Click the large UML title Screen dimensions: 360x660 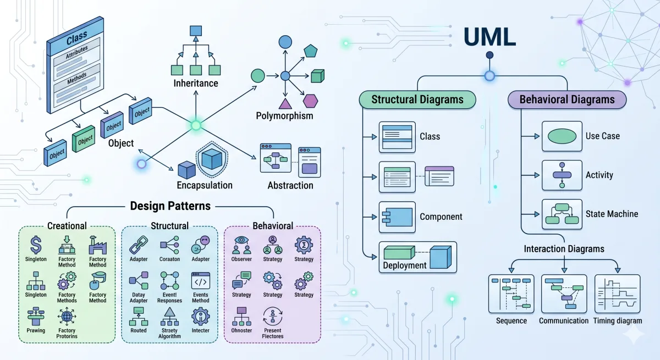(489, 36)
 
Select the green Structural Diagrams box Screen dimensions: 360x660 (417, 99)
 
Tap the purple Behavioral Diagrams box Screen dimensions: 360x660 (566, 99)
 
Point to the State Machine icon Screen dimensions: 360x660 (562, 214)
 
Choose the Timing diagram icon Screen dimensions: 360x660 (617, 293)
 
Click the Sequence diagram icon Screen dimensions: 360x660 (511, 293)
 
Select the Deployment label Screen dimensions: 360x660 (405, 265)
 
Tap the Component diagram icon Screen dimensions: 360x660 (397, 217)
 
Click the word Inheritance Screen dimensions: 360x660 (195, 84)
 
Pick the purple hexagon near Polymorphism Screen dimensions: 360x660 (311, 101)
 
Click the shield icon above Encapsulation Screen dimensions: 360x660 (212, 159)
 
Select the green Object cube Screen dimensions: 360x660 (85, 141)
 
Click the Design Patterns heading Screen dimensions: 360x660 (170, 206)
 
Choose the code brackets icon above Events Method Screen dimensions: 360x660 (200, 281)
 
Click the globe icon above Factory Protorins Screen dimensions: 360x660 (67, 317)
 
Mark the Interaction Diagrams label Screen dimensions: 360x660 (563, 249)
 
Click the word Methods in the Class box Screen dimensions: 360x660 (77, 80)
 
